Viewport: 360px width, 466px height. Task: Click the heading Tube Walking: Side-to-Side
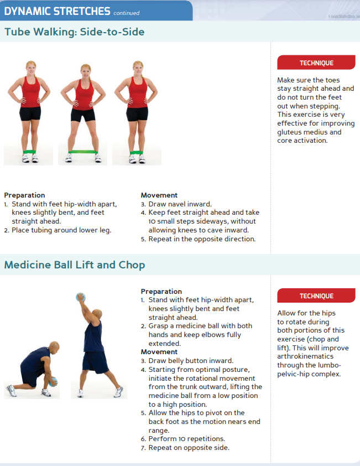click(75, 32)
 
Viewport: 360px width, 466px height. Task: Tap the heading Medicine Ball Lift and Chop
click(75, 265)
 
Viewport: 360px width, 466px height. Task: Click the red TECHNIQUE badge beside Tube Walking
click(316, 63)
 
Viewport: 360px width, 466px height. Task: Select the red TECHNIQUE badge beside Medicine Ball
click(316, 296)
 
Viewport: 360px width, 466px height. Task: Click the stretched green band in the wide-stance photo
click(83, 152)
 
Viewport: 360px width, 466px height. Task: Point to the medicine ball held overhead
click(81, 297)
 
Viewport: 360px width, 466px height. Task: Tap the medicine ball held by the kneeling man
click(53, 381)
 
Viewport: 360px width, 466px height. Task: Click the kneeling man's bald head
click(54, 347)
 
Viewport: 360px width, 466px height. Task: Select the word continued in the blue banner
click(126, 13)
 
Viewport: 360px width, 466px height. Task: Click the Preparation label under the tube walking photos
click(24, 195)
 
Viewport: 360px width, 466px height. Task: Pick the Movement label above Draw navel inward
click(159, 195)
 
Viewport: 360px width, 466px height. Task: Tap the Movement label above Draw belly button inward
click(159, 352)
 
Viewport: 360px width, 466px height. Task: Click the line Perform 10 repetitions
click(186, 439)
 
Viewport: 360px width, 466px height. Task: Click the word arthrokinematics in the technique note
click(305, 356)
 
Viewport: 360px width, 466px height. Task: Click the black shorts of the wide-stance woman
click(83, 115)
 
